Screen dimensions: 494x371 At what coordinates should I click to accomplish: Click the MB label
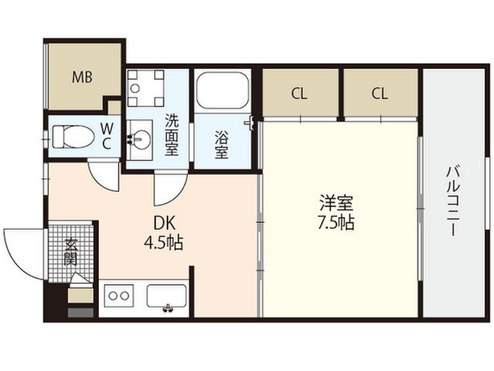pyautogui.click(x=82, y=77)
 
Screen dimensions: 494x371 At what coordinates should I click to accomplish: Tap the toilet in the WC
pyautogui.click(x=73, y=137)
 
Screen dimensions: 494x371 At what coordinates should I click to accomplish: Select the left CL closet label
pyautogui.click(x=299, y=94)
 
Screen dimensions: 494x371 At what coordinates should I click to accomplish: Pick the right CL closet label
pyautogui.click(x=379, y=94)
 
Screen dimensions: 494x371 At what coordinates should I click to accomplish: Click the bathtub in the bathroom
pyautogui.click(x=222, y=90)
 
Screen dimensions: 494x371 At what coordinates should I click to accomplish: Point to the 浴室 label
pyautogui.click(x=222, y=145)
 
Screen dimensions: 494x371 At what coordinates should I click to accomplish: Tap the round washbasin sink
pyautogui.click(x=140, y=140)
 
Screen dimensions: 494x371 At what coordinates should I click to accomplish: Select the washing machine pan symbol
pyautogui.click(x=146, y=87)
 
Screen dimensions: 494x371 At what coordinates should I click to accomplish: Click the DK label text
pyautogui.click(x=164, y=223)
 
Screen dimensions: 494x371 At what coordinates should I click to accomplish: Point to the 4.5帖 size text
pyautogui.click(x=164, y=243)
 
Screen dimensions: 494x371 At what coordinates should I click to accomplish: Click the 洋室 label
pyautogui.click(x=336, y=203)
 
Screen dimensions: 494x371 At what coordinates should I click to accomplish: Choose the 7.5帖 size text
pyautogui.click(x=336, y=223)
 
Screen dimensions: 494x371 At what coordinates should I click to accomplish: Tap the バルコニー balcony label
pyautogui.click(x=453, y=201)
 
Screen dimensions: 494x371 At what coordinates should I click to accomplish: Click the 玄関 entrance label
pyautogui.click(x=70, y=252)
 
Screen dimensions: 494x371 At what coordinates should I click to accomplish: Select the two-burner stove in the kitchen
pyautogui.click(x=118, y=295)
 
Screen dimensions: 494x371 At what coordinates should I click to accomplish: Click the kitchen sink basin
pyautogui.click(x=167, y=296)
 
